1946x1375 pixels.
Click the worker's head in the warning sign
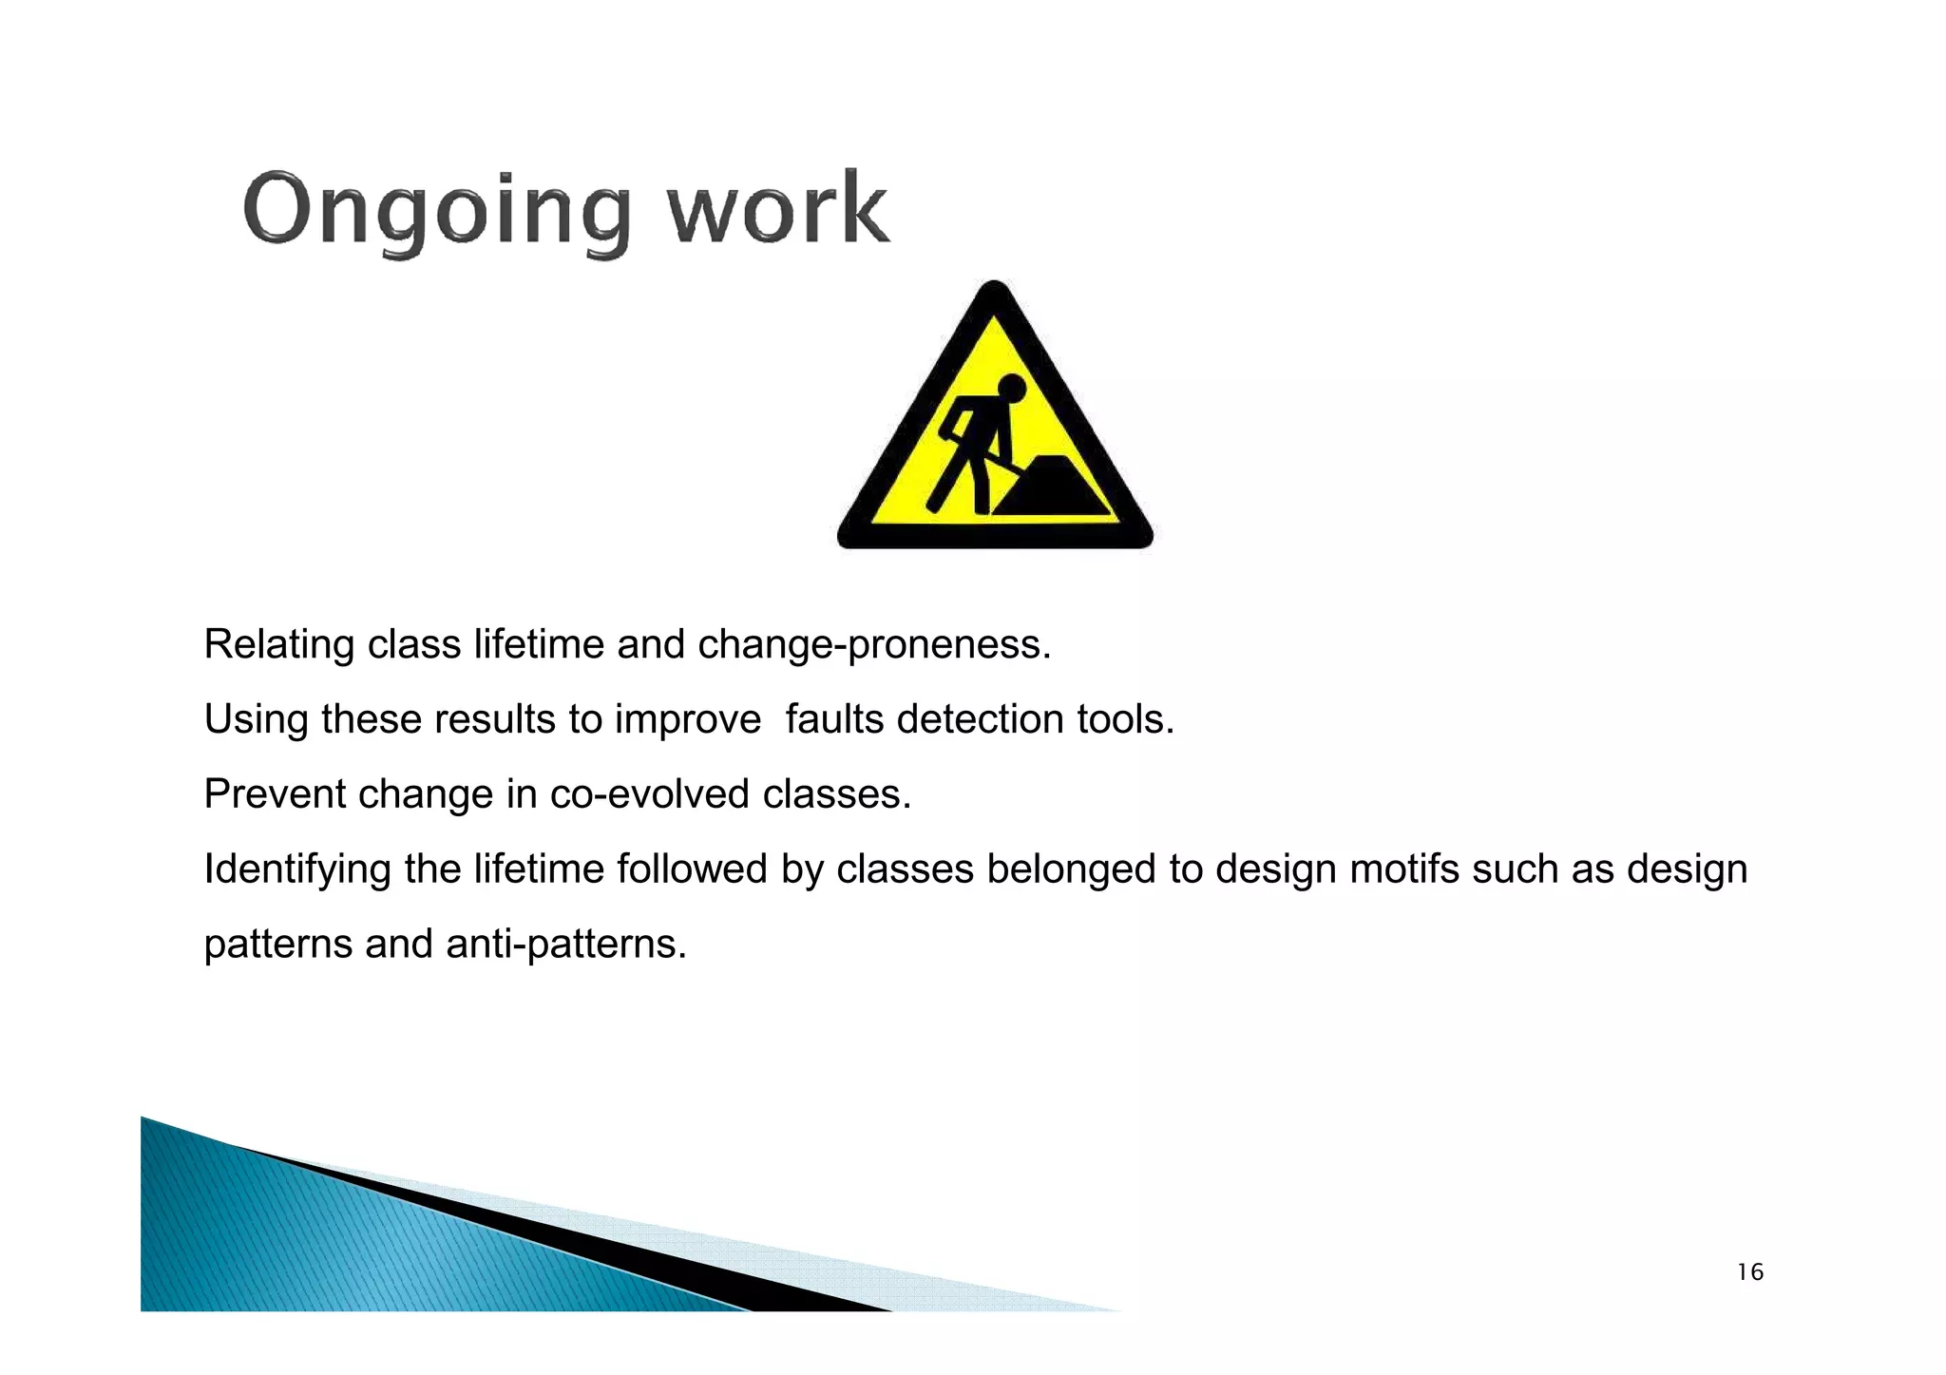(1011, 389)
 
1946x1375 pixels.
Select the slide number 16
(1749, 1272)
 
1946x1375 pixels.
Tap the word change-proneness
(874, 645)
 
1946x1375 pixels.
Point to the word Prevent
(275, 794)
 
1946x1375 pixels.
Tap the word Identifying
(297, 870)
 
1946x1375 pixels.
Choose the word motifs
(1404, 869)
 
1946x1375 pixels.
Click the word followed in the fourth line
(692, 869)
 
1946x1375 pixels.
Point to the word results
(495, 719)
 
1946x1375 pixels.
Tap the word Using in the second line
(256, 720)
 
